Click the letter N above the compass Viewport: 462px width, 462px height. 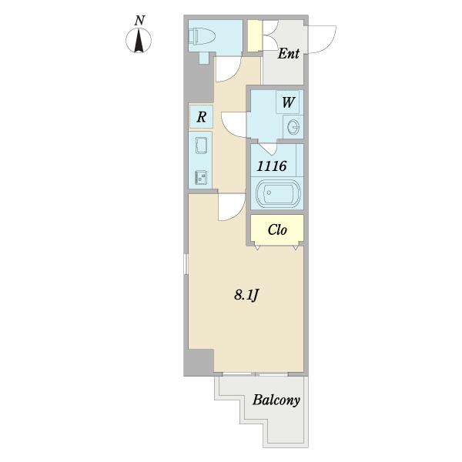click(x=139, y=21)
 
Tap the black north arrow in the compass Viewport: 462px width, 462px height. click(x=139, y=41)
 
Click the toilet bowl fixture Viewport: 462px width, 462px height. click(x=201, y=36)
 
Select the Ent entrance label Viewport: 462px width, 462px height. click(x=289, y=54)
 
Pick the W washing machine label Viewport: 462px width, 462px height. click(x=288, y=102)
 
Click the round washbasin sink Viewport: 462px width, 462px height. click(x=293, y=127)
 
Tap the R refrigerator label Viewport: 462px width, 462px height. click(x=201, y=117)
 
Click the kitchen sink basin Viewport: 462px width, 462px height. click(x=201, y=146)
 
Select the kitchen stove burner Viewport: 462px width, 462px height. click(x=201, y=178)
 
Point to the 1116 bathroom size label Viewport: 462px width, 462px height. click(x=272, y=166)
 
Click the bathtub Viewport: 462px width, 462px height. click(x=278, y=193)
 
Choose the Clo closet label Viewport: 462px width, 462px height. click(x=277, y=229)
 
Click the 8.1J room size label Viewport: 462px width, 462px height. click(x=246, y=295)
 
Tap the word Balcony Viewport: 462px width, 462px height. click(x=276, y=400)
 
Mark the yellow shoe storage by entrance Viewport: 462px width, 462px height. click(x=254, y=35)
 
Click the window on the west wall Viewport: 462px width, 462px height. click(x=186, y=264)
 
